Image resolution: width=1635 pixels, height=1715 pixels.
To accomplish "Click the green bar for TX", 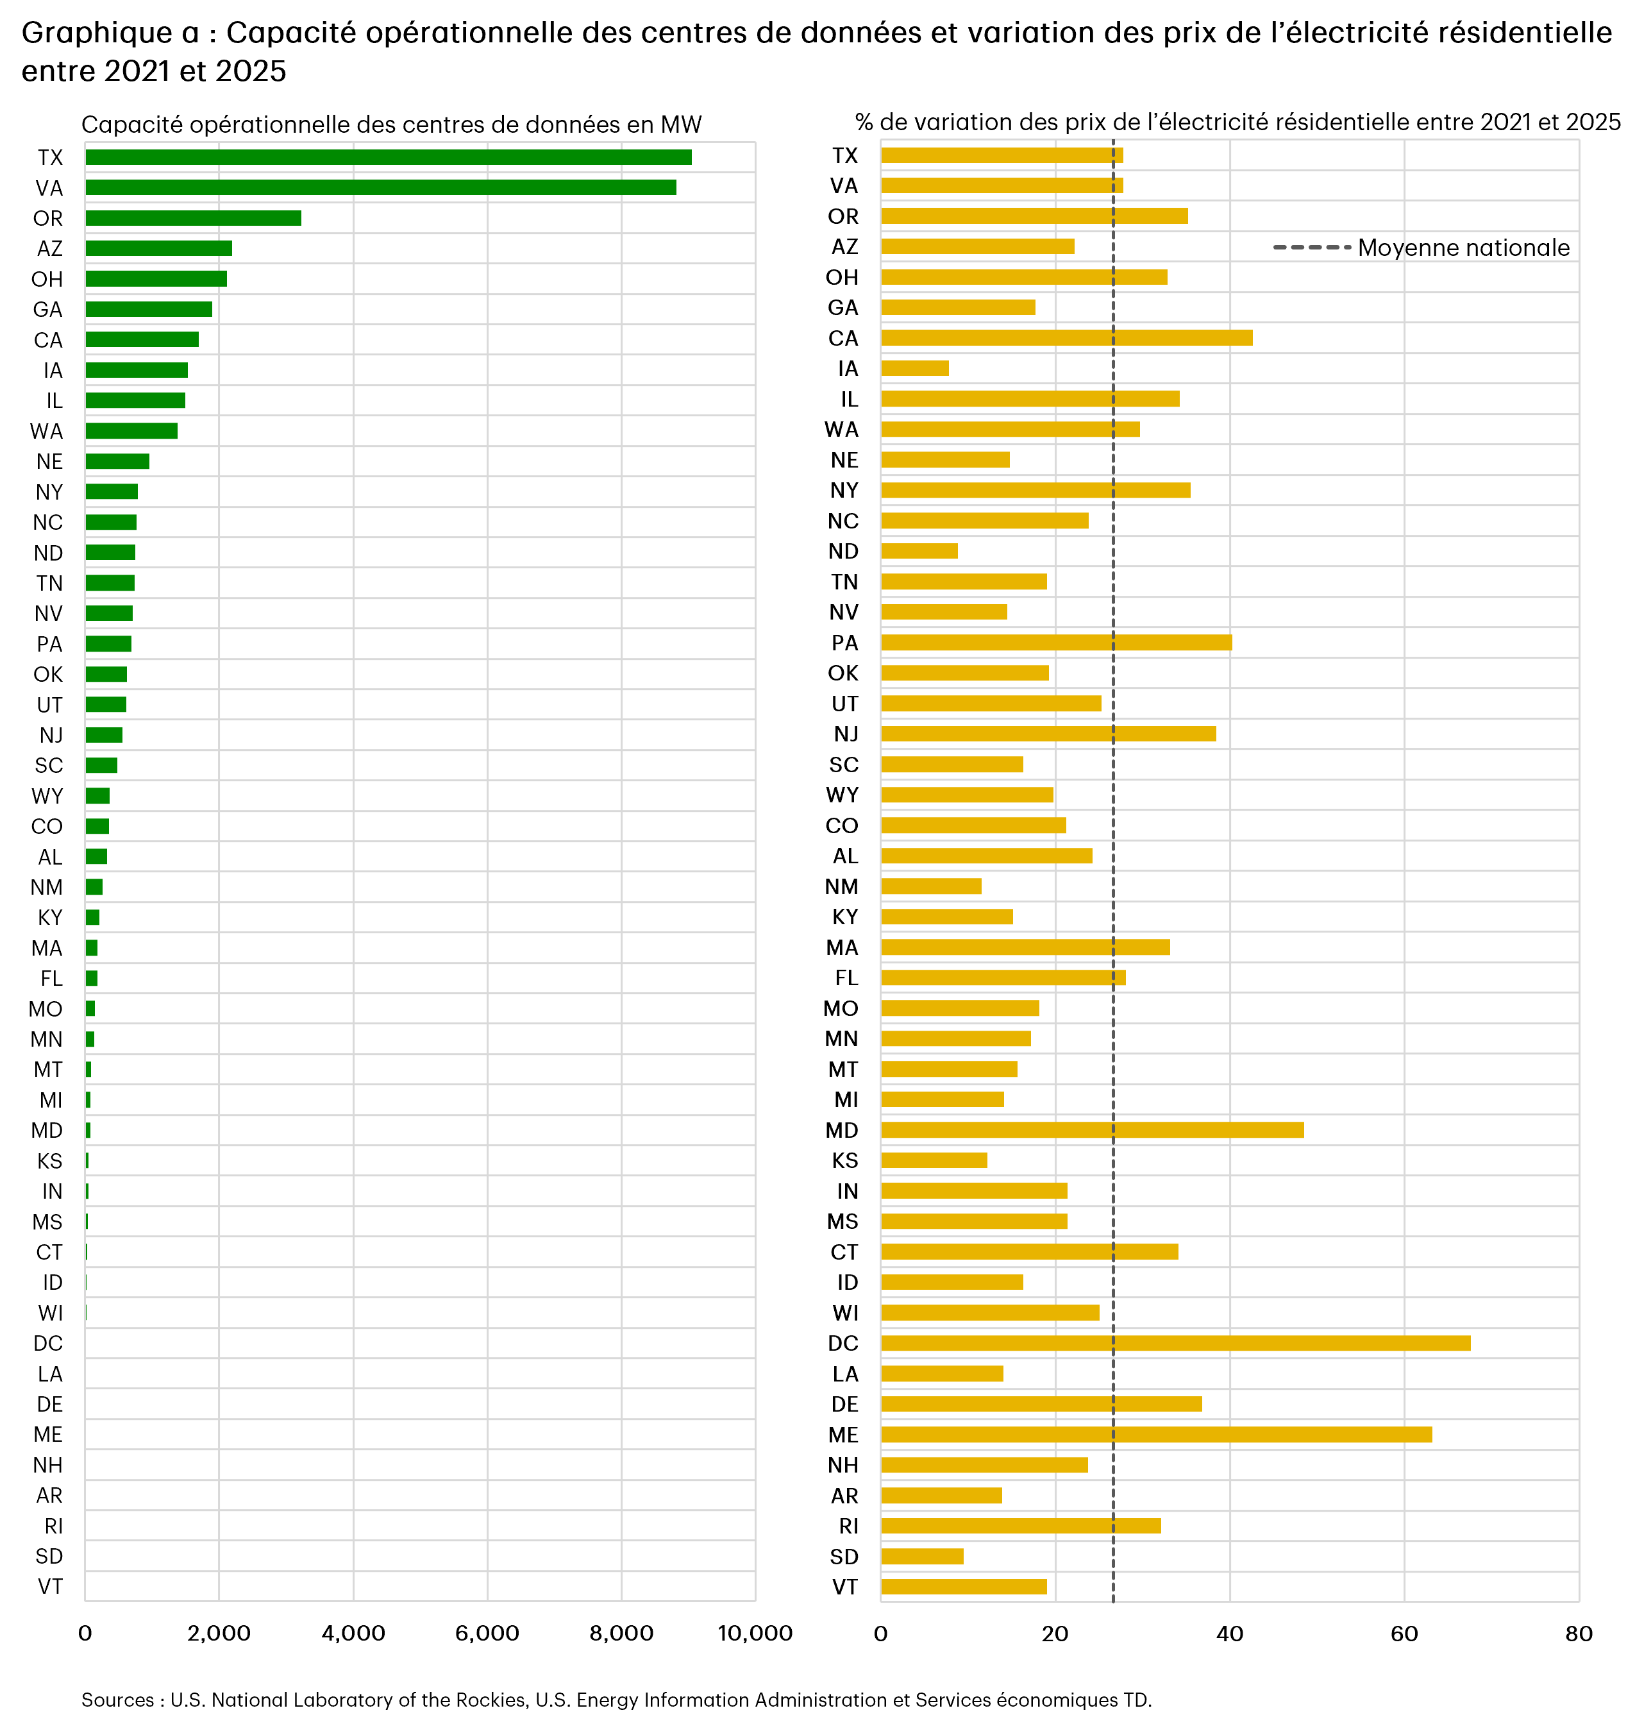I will [388, 157].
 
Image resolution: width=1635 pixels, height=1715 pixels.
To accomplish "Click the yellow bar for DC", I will [1175, 1343].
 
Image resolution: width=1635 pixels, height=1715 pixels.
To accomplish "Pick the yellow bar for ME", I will [1155, 1434].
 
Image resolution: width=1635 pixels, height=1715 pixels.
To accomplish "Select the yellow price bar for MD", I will [1091, 1130].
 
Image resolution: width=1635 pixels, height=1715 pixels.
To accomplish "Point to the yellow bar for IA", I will [914, 368].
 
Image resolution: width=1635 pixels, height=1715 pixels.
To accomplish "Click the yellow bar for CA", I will [1066, 337].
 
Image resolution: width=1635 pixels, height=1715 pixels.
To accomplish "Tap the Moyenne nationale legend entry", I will [1462, 248].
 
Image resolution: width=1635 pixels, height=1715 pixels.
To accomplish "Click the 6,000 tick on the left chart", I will [487, 1633].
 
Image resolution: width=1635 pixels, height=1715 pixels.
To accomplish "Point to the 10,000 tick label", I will [755, 1633].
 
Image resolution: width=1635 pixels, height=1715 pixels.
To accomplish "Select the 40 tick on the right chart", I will [1230, 1633].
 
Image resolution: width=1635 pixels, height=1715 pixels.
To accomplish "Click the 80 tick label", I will [1579, 1633].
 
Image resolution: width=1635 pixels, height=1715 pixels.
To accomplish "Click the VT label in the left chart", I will [49, 1586].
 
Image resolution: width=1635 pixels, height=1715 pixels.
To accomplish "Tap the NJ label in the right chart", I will [845, 734].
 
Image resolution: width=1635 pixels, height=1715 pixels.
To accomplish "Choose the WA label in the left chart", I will [46, 431].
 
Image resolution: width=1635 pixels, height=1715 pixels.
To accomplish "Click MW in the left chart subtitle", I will [681, 124].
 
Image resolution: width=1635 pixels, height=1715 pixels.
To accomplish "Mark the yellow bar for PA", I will [1055, 643].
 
